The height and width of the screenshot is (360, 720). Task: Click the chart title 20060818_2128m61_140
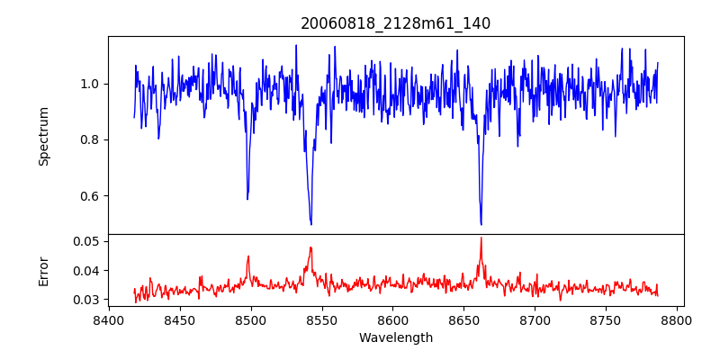[396, 23]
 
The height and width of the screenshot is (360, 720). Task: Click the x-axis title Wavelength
[396, 338]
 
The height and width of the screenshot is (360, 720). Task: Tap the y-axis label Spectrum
[43, 136]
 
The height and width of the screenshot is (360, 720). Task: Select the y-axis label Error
[43, 271]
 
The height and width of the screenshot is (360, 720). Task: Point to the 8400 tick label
[108, 319]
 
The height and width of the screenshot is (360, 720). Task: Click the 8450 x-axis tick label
[179, 319]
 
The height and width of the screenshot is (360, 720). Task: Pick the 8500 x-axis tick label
[250, 319]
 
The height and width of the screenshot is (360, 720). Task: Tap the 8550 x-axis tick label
[321, 319]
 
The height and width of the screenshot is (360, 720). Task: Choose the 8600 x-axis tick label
[392, 319]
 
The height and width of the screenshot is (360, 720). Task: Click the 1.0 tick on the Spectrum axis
[89, 84]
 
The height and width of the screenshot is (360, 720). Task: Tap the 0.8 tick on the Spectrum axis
[89, 139]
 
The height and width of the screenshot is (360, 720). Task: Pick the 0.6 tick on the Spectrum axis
[89, 196]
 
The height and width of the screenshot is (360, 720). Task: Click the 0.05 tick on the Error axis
[86, 241]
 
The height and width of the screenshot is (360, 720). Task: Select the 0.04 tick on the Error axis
[86, 270]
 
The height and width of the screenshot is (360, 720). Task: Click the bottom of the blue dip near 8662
[481, 224]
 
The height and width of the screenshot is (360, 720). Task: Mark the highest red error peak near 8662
[481, 238]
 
